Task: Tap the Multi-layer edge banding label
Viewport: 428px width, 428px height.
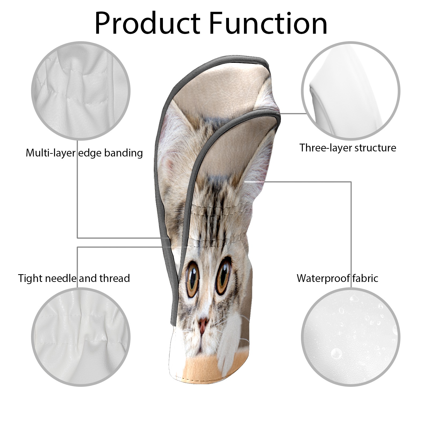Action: [x=84, y=153]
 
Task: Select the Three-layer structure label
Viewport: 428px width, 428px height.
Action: [x=348, y=148]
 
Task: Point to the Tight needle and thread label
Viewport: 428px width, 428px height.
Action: [x=74, y=278]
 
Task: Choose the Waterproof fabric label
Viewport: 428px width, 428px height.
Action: [x=338, y=278]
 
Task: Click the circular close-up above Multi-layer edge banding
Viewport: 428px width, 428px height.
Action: [x=81, y=91]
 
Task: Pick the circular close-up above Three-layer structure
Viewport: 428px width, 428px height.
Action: [x=351, y=91]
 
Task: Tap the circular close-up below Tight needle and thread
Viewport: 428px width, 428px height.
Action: [x=81, y=337]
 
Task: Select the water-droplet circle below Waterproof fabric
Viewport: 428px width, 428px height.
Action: [x=351, y=337]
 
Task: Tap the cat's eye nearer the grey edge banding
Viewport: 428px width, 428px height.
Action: [x=192, y=279]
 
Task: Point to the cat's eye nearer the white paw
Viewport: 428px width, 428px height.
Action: [x=223, y=276]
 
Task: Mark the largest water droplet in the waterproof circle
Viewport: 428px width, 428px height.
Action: [x=336, y=354]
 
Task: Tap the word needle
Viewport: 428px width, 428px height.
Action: [x=62, y=278]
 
